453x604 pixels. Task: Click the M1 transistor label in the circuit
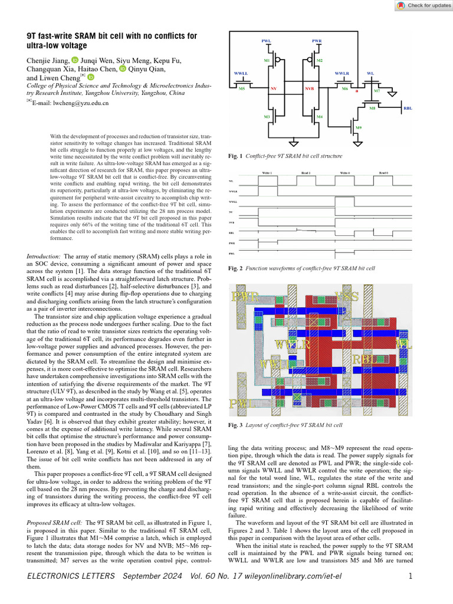tap(267, 61)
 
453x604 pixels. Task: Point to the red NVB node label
tap(310, 88)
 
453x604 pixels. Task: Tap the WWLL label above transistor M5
tap(241, 73)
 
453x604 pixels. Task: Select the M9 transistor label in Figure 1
tap(357, 127)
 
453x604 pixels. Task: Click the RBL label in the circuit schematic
tap(408, 108)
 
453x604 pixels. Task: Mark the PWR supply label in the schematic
tap(317, 41)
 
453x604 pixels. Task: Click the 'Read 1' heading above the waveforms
tap(306, 172)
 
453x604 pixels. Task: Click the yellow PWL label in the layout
tap(242, 403)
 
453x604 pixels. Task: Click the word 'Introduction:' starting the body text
tap(44, 257)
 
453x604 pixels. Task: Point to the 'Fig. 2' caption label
tap(235, 268)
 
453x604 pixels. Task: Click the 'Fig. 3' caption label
tap(235, 425)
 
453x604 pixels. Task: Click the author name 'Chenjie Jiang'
tap(48, 60)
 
